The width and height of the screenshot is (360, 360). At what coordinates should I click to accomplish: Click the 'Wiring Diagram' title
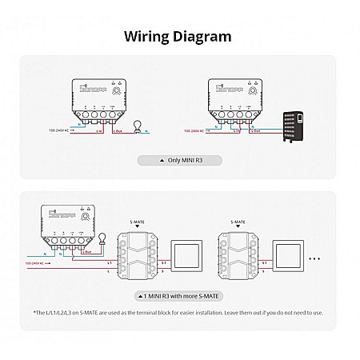tap(179, 36)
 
